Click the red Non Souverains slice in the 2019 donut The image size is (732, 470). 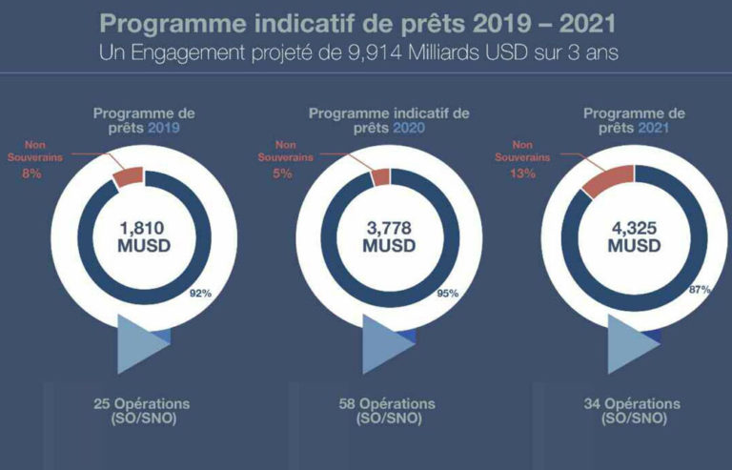click(x=128, y=177)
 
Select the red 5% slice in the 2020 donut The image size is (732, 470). click(x=380, y=178)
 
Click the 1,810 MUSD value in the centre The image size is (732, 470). click(x=144, y=236)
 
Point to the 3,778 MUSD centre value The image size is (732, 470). click(x=389, y=236)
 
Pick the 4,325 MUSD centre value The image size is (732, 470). click(x=634, y=236)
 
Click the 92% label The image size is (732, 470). click(x=201, y=293)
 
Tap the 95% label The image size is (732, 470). click(x=448, y=293)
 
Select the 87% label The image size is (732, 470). click(x=700, y=290)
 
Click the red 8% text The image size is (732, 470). click(x=31, y=174)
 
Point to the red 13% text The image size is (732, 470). click(x=523, y=174)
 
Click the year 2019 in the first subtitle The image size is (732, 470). click(x=163, y=128)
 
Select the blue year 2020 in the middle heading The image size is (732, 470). click(x=409, y=128)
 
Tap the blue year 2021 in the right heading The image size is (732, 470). click(x=653, y=128)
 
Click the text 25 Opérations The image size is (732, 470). click(x=142, y=403)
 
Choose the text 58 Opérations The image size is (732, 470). click(x=387, y=403)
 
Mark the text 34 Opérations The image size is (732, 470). click(x=632, y=403)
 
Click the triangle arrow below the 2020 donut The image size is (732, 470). click(x=389, y=344)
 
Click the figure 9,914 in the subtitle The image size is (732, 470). click(x=375, y=52)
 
